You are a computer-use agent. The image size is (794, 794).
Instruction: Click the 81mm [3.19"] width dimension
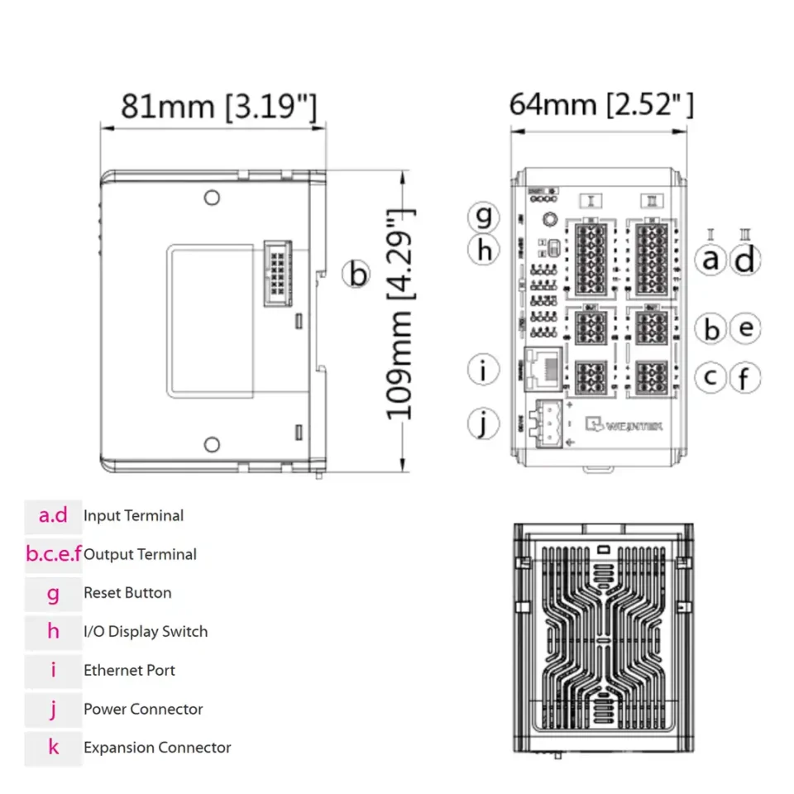pyautogui.click(x=218, y=107)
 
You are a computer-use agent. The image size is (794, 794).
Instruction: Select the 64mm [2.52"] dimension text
pyautogui.click(x=601, y=105)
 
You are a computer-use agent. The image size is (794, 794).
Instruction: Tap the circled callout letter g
pyautogui.click(x=484, y=218)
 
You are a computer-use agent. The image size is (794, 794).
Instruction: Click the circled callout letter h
pyautogui.click(x=484, y=251)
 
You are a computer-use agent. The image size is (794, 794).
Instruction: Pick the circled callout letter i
pyautogui.click(x=484, y=371)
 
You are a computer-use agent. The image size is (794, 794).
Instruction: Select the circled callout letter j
pyautogui.click(x=484, y=423)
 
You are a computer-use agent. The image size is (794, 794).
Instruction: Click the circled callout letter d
pyautogui.click(x=745, y=261)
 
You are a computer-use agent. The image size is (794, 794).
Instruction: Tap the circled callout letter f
pyautogui.click(x=745, y=379)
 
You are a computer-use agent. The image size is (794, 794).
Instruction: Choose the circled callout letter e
pyautogui.click(x=745, y=328)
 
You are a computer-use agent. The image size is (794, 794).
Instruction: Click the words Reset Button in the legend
pyautogui.click(x=127, y=593)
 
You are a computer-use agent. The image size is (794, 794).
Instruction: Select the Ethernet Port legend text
pyautogui.click(x=129, y=670)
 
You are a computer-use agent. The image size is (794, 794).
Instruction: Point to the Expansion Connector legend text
pyautogui.click(x=157, y=748)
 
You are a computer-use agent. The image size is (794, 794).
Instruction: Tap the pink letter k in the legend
pyautogui.click(x=54, y=748)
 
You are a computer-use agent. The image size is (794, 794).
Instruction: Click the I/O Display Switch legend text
pyautogui.click(x=146, y=632)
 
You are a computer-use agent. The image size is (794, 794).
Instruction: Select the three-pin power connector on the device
pyautogui.click(x=551, y=424)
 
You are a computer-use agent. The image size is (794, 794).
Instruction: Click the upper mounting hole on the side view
pyautogui.click(x=212, y=197)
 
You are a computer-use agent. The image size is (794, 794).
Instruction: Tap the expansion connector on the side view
pyautogui.click(x=275, y=274)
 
